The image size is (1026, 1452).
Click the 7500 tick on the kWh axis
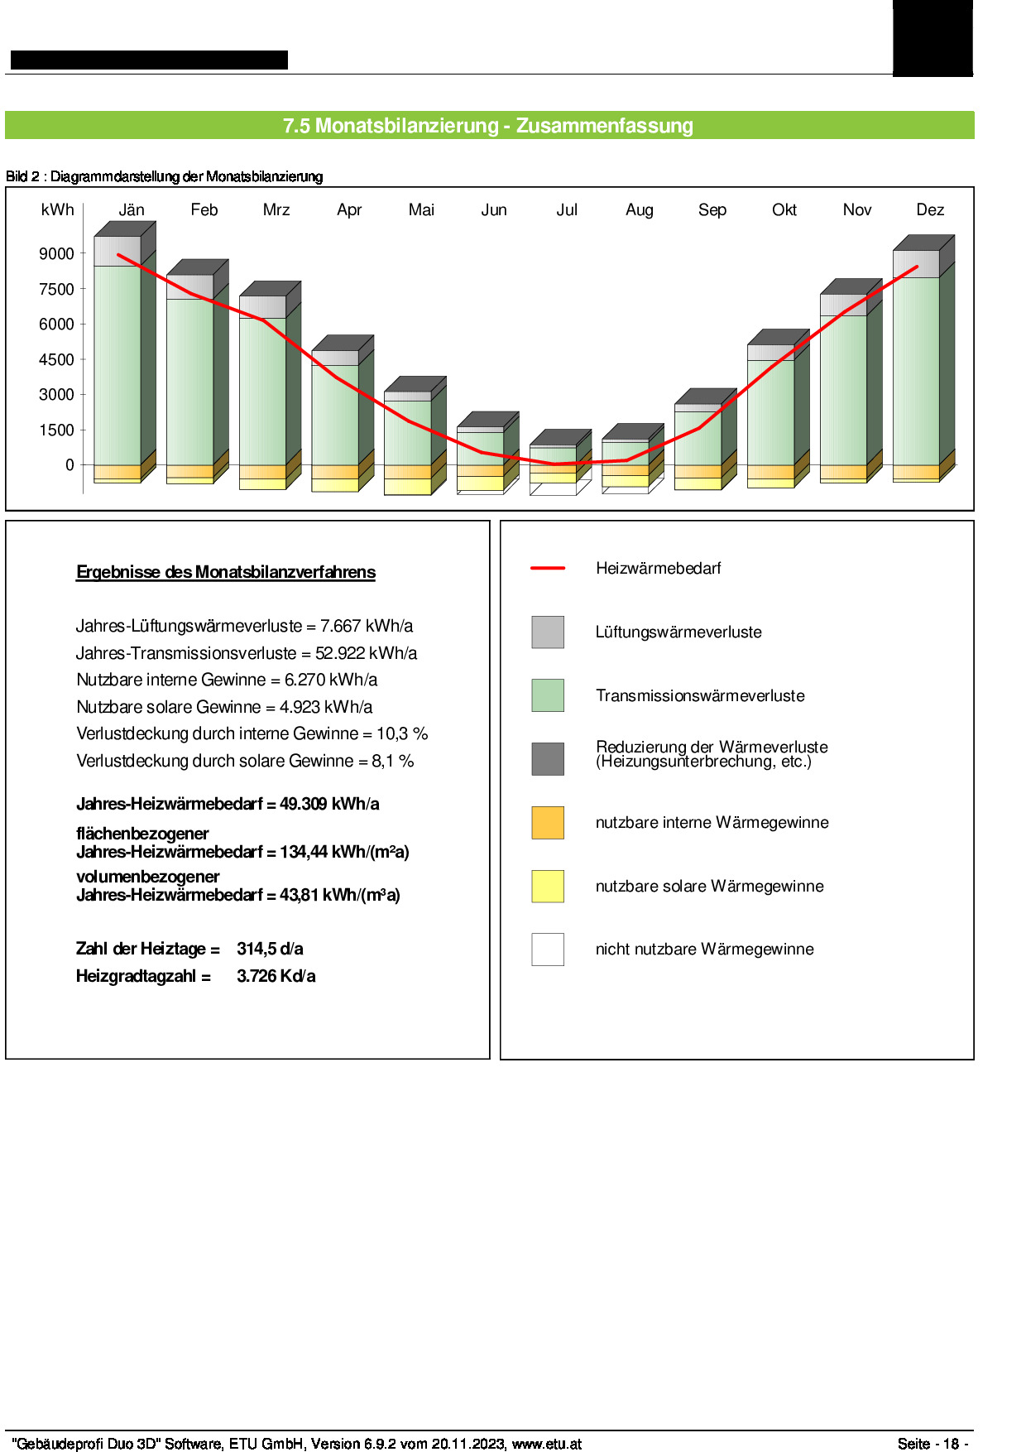coord(56,289)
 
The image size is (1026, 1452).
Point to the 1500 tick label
coord(56,430)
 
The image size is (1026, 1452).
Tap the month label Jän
coord(132,209)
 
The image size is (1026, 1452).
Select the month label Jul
coord(567,209)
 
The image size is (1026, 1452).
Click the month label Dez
coord(930,209)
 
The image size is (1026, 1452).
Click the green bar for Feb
coord(189,382)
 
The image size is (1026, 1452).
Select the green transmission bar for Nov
coord(843,390)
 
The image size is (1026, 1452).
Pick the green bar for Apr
coord(335,415)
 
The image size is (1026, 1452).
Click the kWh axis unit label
coord(57,209)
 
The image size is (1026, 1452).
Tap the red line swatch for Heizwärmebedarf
coord(548,568)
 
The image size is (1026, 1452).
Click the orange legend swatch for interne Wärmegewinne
coord(548,822)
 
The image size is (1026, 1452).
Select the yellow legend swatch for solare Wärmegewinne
coord(548,886)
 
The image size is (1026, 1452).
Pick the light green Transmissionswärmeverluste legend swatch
coord(548,695)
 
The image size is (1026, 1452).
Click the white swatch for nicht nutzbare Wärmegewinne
coord(548,950)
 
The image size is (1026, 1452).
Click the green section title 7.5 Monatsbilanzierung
coord(488,126)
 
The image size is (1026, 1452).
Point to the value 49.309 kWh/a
coord(329,804)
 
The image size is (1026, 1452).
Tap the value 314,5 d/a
coord(270,949)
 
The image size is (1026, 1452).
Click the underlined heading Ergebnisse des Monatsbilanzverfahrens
coord(226,572)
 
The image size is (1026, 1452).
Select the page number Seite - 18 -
coord(933,1444)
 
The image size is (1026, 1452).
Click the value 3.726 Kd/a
coord(276,976)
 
